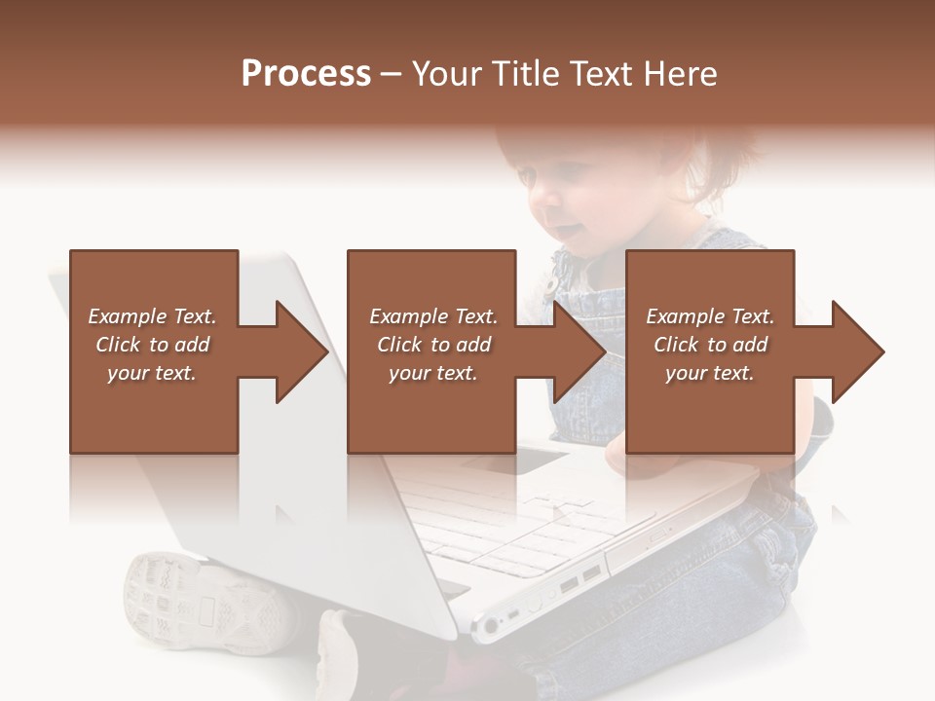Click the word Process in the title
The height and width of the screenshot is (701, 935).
click(x=306, y=74)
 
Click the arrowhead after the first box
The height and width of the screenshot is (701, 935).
click(x=301, y=351)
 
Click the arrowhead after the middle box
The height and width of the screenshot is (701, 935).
click(x=580, y=351)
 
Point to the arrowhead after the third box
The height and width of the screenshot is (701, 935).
click(x=857, y=351)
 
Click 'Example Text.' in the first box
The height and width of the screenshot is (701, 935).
click(x=152, y=316)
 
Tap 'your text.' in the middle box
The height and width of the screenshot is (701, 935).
click(x=432, y=373)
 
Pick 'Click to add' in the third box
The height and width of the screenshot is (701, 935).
click(x=710, y=345)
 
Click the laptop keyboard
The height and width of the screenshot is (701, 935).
click(x=516, y=526)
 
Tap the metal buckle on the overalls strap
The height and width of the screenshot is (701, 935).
click(x=551, y=283)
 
